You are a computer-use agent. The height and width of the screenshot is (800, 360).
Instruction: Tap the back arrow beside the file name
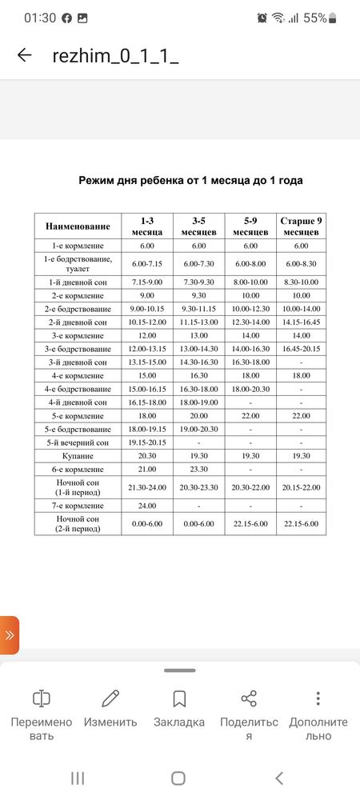point(25,55)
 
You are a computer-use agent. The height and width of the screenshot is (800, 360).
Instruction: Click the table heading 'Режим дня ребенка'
point(190,180)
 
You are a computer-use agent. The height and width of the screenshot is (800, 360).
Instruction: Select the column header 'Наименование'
point(78,226)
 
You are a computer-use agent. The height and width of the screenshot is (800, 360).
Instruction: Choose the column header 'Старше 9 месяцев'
point(301,226)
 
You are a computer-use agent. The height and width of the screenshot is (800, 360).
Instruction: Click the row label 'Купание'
point(78,454)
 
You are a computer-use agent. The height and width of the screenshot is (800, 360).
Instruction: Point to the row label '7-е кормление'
point(78,506)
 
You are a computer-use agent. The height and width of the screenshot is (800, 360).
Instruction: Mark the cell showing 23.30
point(199,468)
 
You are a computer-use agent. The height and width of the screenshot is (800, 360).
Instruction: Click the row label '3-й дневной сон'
point(78,362)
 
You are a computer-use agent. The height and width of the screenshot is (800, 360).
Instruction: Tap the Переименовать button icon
point(41,698)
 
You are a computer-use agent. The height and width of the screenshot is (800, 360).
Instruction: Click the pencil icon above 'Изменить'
point(110,698)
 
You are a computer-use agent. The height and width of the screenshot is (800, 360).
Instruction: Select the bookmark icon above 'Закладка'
point(179,698)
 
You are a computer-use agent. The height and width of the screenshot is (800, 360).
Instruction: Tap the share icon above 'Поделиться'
point(249,698)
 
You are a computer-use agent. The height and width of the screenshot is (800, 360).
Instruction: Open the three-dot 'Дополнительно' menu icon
point(318,698)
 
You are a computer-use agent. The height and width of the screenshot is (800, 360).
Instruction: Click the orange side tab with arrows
point(9,635)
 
